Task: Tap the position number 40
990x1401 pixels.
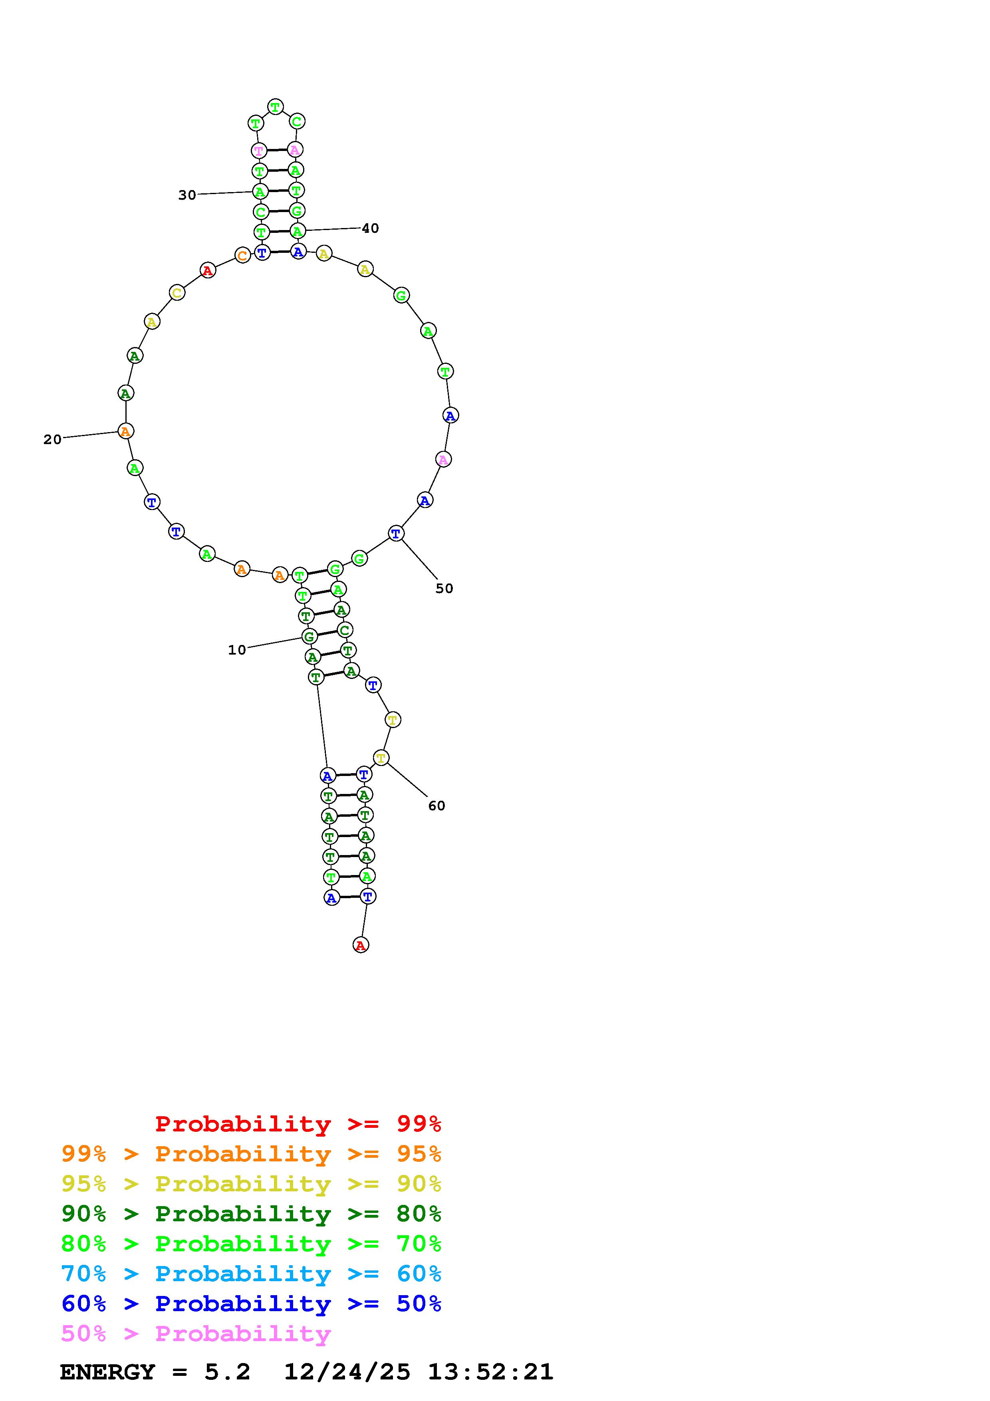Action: click(x=370, y=228)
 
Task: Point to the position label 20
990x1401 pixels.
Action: click(x=52, y=439)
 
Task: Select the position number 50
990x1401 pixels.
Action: click(x=444, y=588)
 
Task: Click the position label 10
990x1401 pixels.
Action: click(x=237, y=650)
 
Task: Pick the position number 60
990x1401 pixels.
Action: click(x=437, y=806)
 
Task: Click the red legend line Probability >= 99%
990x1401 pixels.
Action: click(x=298, y=1124)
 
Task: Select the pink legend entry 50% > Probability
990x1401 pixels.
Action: click(x=196, y=1334)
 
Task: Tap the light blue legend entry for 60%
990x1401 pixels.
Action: click(x=251, y=1274)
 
